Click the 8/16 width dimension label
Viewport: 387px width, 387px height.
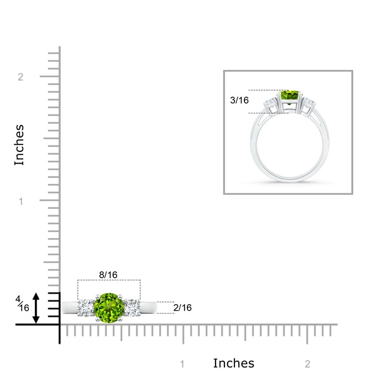[108, 275]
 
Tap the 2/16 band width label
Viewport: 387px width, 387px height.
[182, 307]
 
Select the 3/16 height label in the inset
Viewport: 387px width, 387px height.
[239, 100]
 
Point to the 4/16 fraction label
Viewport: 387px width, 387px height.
[22, 304]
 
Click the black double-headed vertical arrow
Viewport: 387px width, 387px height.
[36, 308]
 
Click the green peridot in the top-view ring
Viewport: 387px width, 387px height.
[109, 308]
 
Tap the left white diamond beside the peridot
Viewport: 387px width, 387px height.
[86, 308]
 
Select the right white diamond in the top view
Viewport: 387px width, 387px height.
[132, 308]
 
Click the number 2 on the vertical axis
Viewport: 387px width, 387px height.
[20, 77]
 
